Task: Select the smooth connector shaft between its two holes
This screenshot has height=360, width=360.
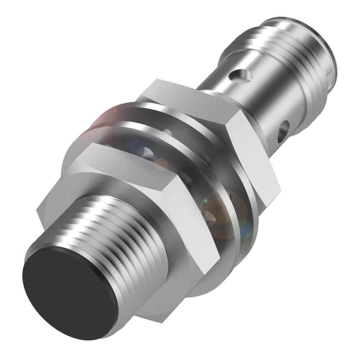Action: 263,101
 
